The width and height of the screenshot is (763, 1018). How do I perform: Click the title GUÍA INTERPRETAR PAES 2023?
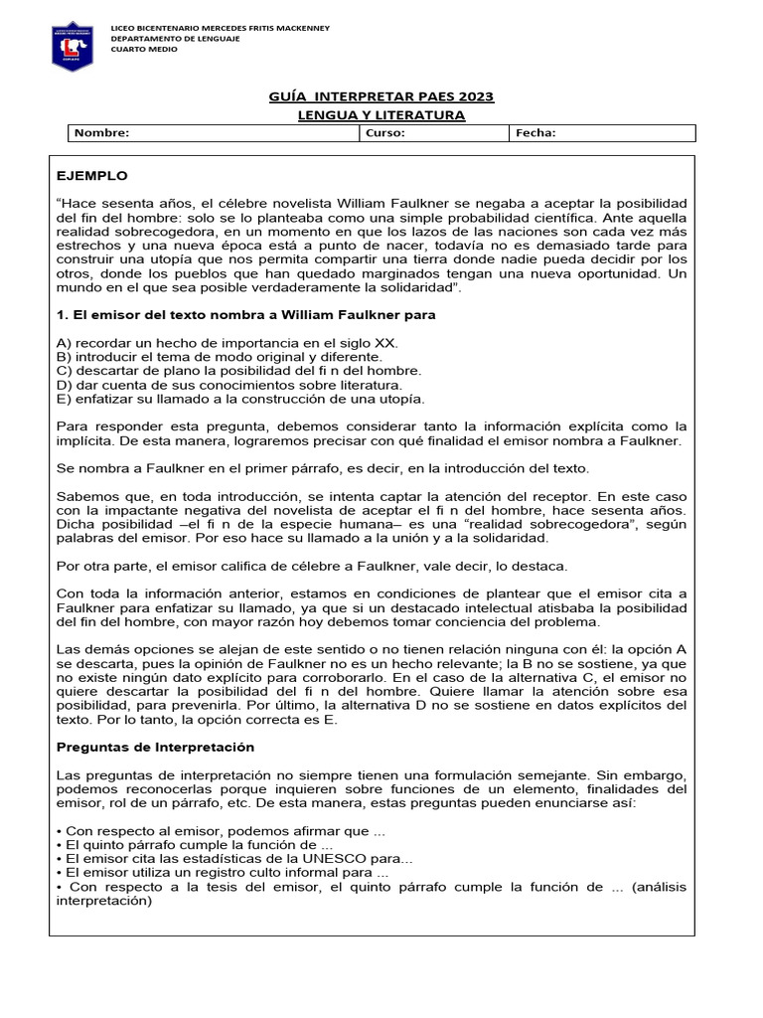pyautogui.click(x=381, y=96)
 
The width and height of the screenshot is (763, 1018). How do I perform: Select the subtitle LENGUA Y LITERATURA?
pyautogui.click(x=381, y=115)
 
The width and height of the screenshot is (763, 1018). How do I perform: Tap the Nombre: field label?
pyautogui.click(x=102, y=133)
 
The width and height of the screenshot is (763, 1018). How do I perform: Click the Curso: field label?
pyautogui.click(x=385, y=133)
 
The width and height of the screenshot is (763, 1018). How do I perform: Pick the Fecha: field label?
pyautogui.click(x=535, y=133)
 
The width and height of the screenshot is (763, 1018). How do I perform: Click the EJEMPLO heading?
pyautogui.click(x=92, y=176)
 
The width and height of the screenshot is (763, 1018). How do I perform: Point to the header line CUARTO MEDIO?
pyautogui.click(x=144, y=49)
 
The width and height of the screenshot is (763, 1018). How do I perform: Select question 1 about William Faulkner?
pyautogui.click(x=246, y=315)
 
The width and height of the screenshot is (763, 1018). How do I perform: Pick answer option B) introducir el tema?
pyautogui.click(x=219, y=356)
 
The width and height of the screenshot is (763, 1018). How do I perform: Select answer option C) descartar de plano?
pyautogui.click(x=239, y=370)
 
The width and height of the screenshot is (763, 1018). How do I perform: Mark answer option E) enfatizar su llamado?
pyautogui.click(x=240, y=399)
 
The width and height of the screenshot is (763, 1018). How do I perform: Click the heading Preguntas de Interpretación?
pyautogui.click(x=155, y=747)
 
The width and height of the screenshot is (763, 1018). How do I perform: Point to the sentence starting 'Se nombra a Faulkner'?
pyautogui.click(x=323, y=468)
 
